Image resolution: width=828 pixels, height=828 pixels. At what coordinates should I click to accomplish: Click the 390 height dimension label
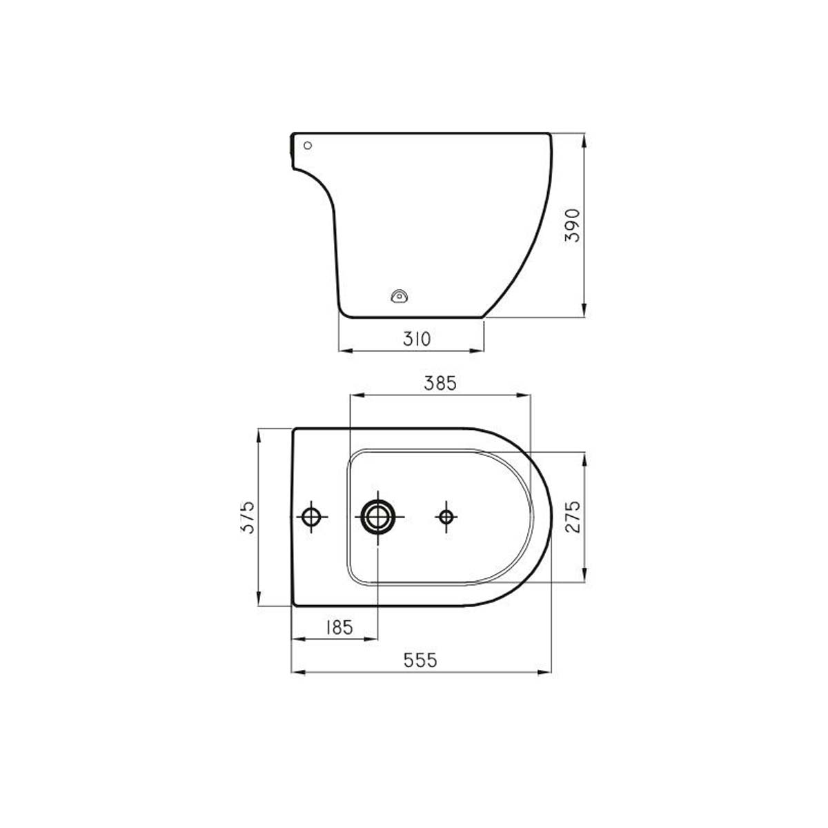pos(572,226)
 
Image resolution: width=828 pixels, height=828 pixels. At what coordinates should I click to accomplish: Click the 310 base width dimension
pos(416,339)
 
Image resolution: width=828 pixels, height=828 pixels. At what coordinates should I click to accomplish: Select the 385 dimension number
pos(440,383)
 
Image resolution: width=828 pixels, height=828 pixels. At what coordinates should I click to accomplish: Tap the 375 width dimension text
pos(248,517)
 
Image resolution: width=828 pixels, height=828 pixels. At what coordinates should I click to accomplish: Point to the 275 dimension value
pos(572,517)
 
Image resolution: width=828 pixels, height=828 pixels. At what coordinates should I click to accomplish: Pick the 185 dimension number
pos(339,627)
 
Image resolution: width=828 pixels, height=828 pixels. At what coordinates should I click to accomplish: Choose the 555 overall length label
pos(420,660)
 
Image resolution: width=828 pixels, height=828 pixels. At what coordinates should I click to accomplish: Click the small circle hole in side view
pos(308,145)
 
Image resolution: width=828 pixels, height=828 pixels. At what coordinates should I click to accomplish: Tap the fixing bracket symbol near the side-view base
pos(400,295)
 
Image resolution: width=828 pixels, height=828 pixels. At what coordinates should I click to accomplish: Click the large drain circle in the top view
pos(377,517)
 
